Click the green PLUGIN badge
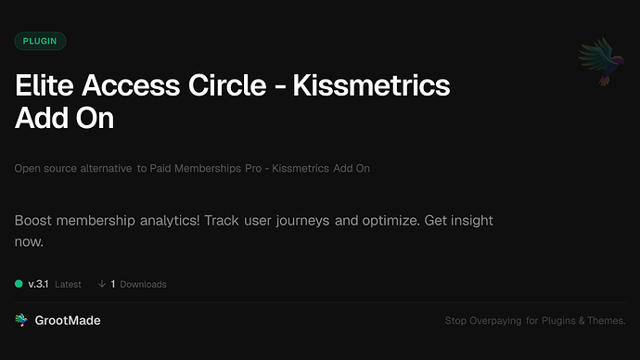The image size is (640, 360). (40, 41)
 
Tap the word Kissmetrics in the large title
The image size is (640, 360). (371, 87)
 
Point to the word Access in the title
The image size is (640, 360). (135, 87)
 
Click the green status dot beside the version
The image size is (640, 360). (19, 284)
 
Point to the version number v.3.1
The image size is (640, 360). (39, 284)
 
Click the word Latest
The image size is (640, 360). (68, 284)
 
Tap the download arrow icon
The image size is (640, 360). (101, 284)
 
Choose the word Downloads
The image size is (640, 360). (143, 284)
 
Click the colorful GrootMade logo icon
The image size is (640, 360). (21, 320)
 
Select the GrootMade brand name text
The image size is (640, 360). (68, 320)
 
